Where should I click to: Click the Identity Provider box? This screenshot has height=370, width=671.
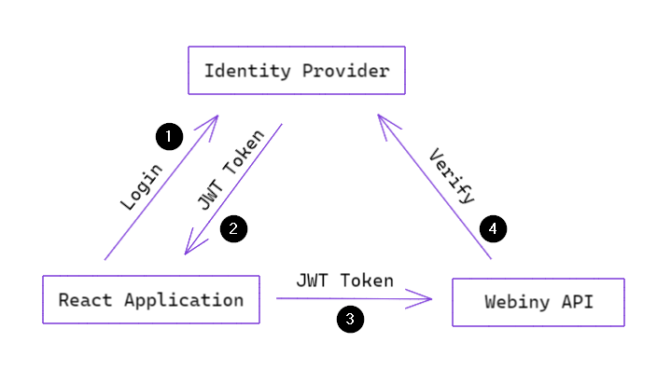(297, 71)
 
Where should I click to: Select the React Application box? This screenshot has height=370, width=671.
(151, 300)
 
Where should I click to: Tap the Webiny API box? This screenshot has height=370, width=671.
(538, 302)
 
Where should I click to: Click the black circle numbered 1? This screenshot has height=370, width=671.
(168, 137)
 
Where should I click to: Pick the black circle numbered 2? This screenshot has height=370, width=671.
(233, 228)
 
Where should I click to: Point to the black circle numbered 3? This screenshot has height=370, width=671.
(350, 320)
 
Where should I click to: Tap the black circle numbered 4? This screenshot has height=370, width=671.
(493, 228)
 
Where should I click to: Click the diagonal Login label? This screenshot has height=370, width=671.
(142, 186)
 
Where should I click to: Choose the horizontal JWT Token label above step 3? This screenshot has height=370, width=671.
(344, 280)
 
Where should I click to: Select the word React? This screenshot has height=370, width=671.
(86, 300)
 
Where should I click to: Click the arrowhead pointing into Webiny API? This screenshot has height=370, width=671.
(428, 299)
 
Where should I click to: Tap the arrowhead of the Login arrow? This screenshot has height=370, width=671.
(214, 120)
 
